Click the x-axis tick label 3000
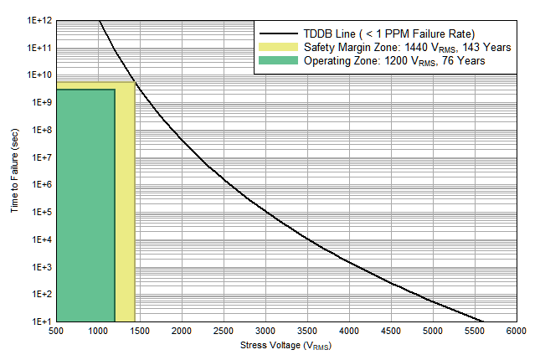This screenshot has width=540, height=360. [x=265, y=332]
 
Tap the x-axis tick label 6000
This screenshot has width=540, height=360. [x=517, y=332]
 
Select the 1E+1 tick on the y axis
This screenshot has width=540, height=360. [x=40, y=321]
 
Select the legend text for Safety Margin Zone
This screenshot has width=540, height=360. [x=408, y=47]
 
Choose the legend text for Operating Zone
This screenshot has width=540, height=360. [x=394, y=61]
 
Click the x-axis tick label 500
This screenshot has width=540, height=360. [x=56, y=332]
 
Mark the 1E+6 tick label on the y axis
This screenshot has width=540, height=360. [x=40, y=184]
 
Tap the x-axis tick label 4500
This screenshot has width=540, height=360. [x=391, y=332]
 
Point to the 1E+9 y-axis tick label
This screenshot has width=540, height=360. [x=40, y=102]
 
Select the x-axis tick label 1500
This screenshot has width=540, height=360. [x=140, y=332]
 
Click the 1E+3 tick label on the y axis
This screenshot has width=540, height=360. [x=40, y=267]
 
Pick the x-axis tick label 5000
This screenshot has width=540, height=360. [x=433, y=332]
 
